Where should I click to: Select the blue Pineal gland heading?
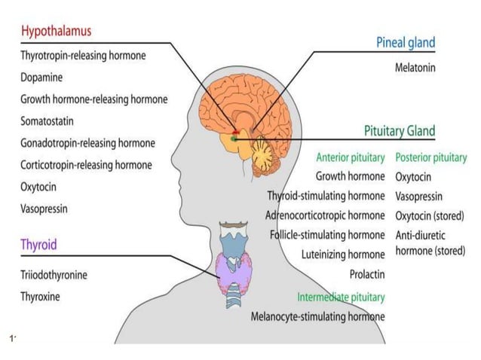click(x=406, y=43)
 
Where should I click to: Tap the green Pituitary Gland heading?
click(x=400, y=131)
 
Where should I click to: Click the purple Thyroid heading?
click(x=38, y=245)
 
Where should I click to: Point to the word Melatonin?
click(x=415, y=67)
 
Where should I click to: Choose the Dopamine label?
click(x=41, y=77)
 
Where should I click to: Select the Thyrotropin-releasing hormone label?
click(x=83, y=55)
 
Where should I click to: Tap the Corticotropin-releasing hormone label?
click(x=86, y=165)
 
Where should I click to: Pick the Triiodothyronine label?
click(x=54, y=275)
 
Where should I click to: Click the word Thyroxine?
click(x=41, y=297)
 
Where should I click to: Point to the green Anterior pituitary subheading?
click(x=351, y=158)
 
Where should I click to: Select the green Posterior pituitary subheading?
click(x=431, y=158)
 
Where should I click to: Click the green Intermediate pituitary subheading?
click(x=341, y=297)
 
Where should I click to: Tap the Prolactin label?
click(x=367, y=274)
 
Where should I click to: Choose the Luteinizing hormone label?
click(x=343, y=255)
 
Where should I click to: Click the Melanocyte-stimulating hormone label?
click(x=317, y=316)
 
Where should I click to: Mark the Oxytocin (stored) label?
click(x=429, y=216)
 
